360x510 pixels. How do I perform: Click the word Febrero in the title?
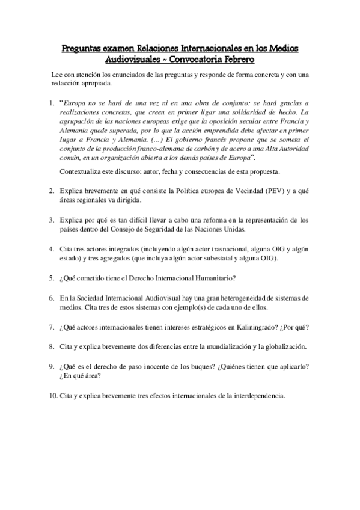(239, 60)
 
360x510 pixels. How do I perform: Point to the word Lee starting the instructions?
(57, 74)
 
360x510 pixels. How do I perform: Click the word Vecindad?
(227, 191)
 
